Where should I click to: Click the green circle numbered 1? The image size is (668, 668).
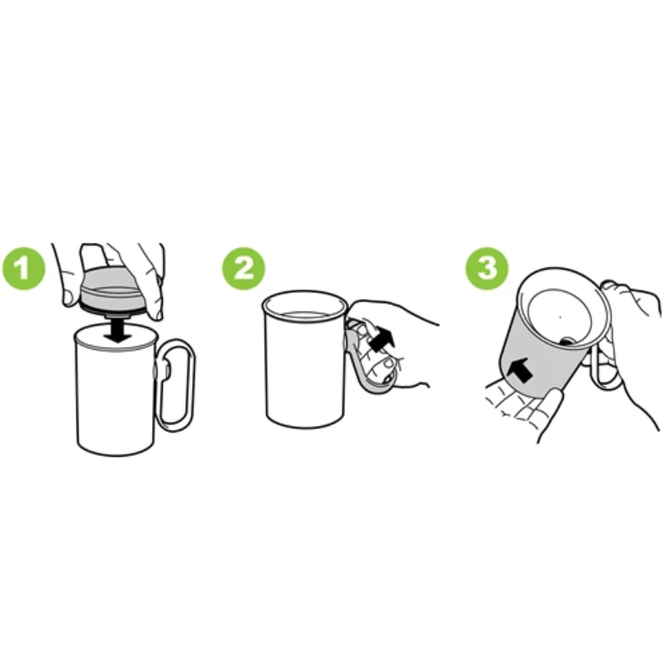tap(24, 268)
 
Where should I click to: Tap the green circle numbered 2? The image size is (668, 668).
tap(243, 268)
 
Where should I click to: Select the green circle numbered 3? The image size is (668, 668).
tap(487, 268)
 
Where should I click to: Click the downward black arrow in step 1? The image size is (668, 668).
tap(118, 330)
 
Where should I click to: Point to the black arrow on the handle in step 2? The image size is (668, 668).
tap(382, 338)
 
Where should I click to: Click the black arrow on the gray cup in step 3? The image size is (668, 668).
tap(521, 370)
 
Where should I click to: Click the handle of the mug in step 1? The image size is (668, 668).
tap(177, 386)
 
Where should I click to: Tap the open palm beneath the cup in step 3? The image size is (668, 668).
tap(522, 409)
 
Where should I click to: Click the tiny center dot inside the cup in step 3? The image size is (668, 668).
tap(560, 316)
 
